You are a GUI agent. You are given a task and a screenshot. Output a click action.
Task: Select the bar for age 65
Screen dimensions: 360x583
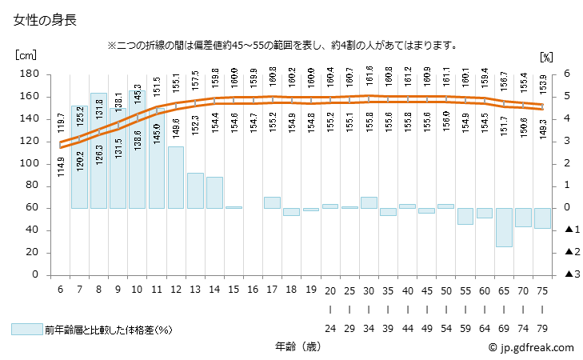[x=504, y=227]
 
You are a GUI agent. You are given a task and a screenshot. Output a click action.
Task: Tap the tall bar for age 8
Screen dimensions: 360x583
[x=98, y=150]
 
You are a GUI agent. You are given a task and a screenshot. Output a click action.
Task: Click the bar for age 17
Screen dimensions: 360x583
[x=272, y=202]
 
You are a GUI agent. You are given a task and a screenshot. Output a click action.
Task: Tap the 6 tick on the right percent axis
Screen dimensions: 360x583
[x=567, y=74]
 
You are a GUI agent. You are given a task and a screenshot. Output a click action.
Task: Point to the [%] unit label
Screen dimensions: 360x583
[x=546, y=56]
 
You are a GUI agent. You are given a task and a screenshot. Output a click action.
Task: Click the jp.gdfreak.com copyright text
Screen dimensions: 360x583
[x=530, y=348]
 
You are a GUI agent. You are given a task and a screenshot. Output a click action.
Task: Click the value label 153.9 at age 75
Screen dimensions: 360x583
[x=543, y=86]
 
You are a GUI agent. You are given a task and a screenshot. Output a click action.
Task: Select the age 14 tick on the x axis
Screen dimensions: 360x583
[x=214, y=289]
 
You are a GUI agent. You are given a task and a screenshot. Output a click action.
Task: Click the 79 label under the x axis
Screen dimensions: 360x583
[x=543, y=328]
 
